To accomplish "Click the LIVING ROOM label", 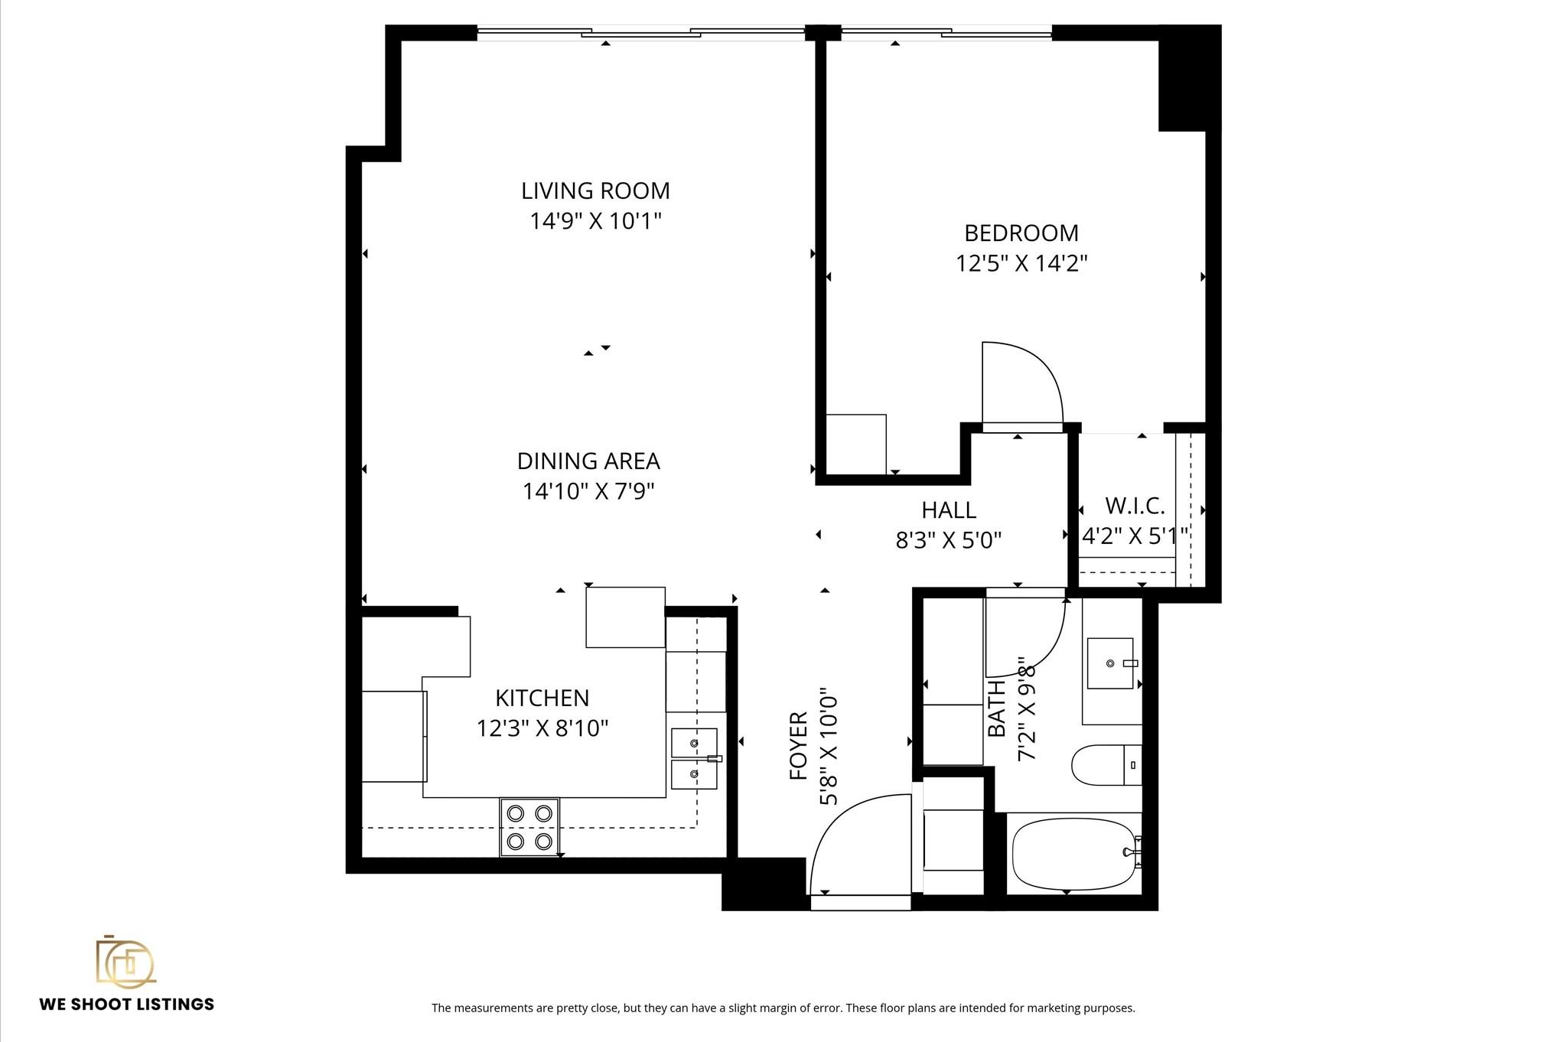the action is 595,190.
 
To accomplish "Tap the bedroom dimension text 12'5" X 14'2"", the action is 1021,263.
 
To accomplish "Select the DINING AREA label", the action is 588,461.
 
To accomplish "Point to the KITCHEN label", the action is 542,698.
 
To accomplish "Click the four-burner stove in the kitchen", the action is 529,827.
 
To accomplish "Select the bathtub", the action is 1076,854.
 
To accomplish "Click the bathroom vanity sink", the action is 1110,663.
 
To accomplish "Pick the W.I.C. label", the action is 1135,506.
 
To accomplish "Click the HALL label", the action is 949,510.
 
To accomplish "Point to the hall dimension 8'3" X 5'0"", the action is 949,541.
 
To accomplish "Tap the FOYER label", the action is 798,746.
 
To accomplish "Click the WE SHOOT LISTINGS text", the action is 127,1005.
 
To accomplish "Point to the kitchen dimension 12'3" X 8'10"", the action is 542,728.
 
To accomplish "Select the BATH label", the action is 996,709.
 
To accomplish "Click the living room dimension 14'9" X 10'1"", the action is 595,221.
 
